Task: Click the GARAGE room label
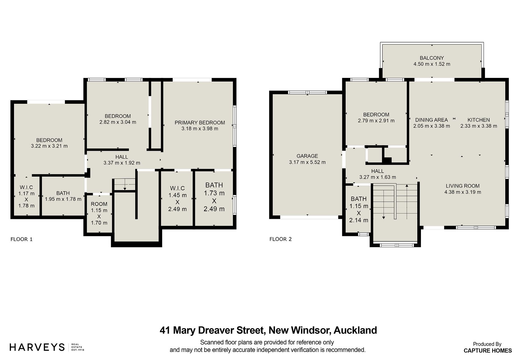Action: tap(307, 156)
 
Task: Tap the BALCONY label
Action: tap(432, 58)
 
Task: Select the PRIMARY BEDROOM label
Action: tap(200, 123)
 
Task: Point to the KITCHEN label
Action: tap(479, 120)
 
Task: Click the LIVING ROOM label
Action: tap(463, 186)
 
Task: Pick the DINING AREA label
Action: tap(432, 120)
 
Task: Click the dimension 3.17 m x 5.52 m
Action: tap(307, 162)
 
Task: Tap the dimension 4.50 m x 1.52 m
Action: tap(432, 64)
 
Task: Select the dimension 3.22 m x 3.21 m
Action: tap(49, 146)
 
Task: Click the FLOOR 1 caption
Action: tap(21, 239)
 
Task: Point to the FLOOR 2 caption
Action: tap(280, 239)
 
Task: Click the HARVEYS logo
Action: tap(37, 347)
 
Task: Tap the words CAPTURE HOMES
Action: tap(488, 350)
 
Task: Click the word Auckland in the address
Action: tap(355, 330)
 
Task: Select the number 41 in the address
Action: tap(165, 330)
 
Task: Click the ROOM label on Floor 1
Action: tap(99, 204)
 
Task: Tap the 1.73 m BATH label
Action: tap(214, 185)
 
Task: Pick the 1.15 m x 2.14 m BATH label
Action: tap(359, 199)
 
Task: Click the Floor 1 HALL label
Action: tap(122, 157)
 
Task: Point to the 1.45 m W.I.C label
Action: tap(177, 188)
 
